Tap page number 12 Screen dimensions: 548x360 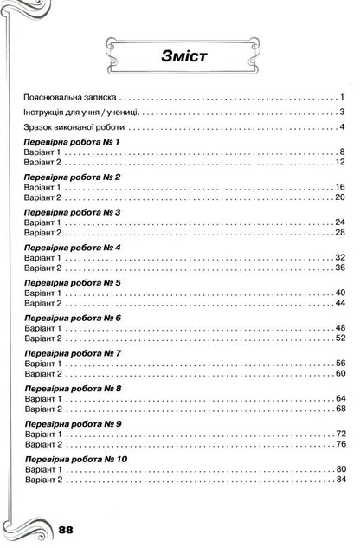point(340,162)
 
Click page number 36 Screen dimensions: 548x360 point(340,268)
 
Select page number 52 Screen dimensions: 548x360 point(340,338)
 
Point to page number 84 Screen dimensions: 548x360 point(340,480)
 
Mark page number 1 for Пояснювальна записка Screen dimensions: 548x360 point(343,100)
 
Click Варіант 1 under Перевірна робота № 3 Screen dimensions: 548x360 point(44,222)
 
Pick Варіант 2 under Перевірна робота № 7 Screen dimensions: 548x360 point(44,374)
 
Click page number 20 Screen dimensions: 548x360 point(340,197)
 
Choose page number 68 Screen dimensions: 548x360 point(340,409)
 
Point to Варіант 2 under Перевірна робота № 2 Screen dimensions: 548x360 point(44,197)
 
